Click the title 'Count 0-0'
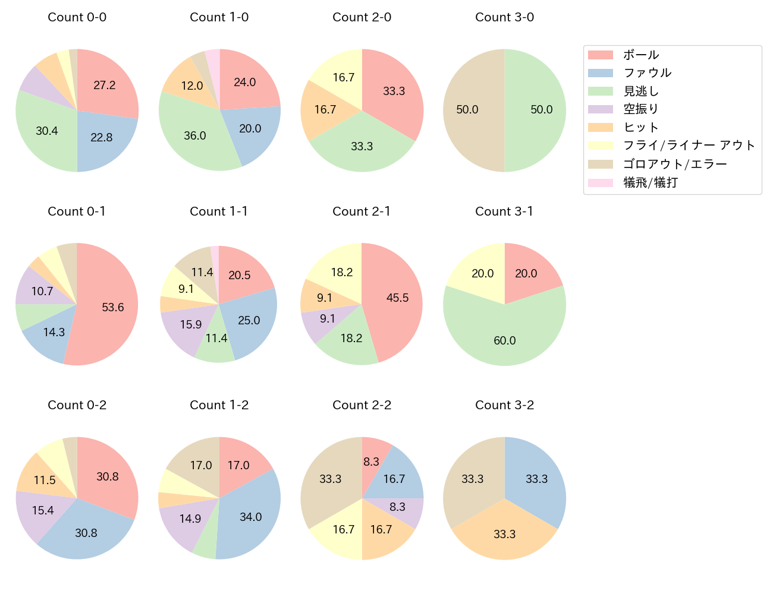click(x=77, y=17)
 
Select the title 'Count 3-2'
click(x=504, y=405)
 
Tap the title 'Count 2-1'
click(x=362, y=211)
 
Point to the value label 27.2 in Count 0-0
click(x=105, y=86)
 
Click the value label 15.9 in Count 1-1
click(x=191, y=324)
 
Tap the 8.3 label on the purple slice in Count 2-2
click(x=397, y=507)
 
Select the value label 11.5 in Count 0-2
click(x=45, y=480)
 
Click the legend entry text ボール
click(x=641, y=55)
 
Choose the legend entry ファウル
click(x=647, y=73)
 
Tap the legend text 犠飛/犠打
click(x=651, y=182)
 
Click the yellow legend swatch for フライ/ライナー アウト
click(x=600, y=146)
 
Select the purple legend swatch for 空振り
click(x=600, y=109)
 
